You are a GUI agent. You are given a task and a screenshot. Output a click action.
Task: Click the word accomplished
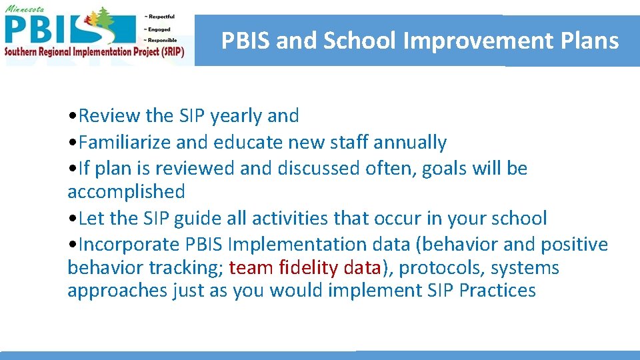pos(126,192)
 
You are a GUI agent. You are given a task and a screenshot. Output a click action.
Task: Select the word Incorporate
pos(129,245)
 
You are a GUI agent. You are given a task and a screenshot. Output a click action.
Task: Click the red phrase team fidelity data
pos(304,268)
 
